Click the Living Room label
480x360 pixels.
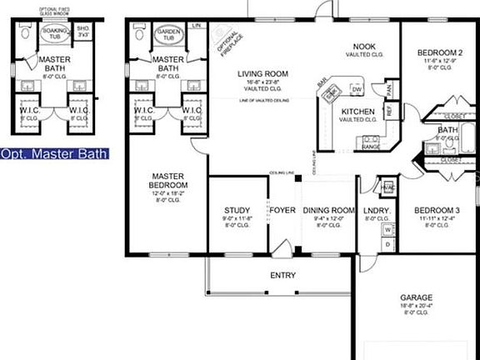[x=262, y=74]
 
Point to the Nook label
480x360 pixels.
[x=362, y=47]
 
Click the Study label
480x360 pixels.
[x=237, y=210]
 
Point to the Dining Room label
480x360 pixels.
[x=327, y=210]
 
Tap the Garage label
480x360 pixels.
[x=416, y=297]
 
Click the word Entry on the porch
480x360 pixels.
[x=283, y=275]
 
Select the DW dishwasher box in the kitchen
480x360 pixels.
[x=356, y=88]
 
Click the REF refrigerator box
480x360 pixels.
[x=388, y=109]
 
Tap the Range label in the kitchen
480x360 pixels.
[x=371, y=147]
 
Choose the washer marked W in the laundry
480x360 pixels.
[x=387, y=228]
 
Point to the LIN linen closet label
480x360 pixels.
[x=197, y=27]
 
